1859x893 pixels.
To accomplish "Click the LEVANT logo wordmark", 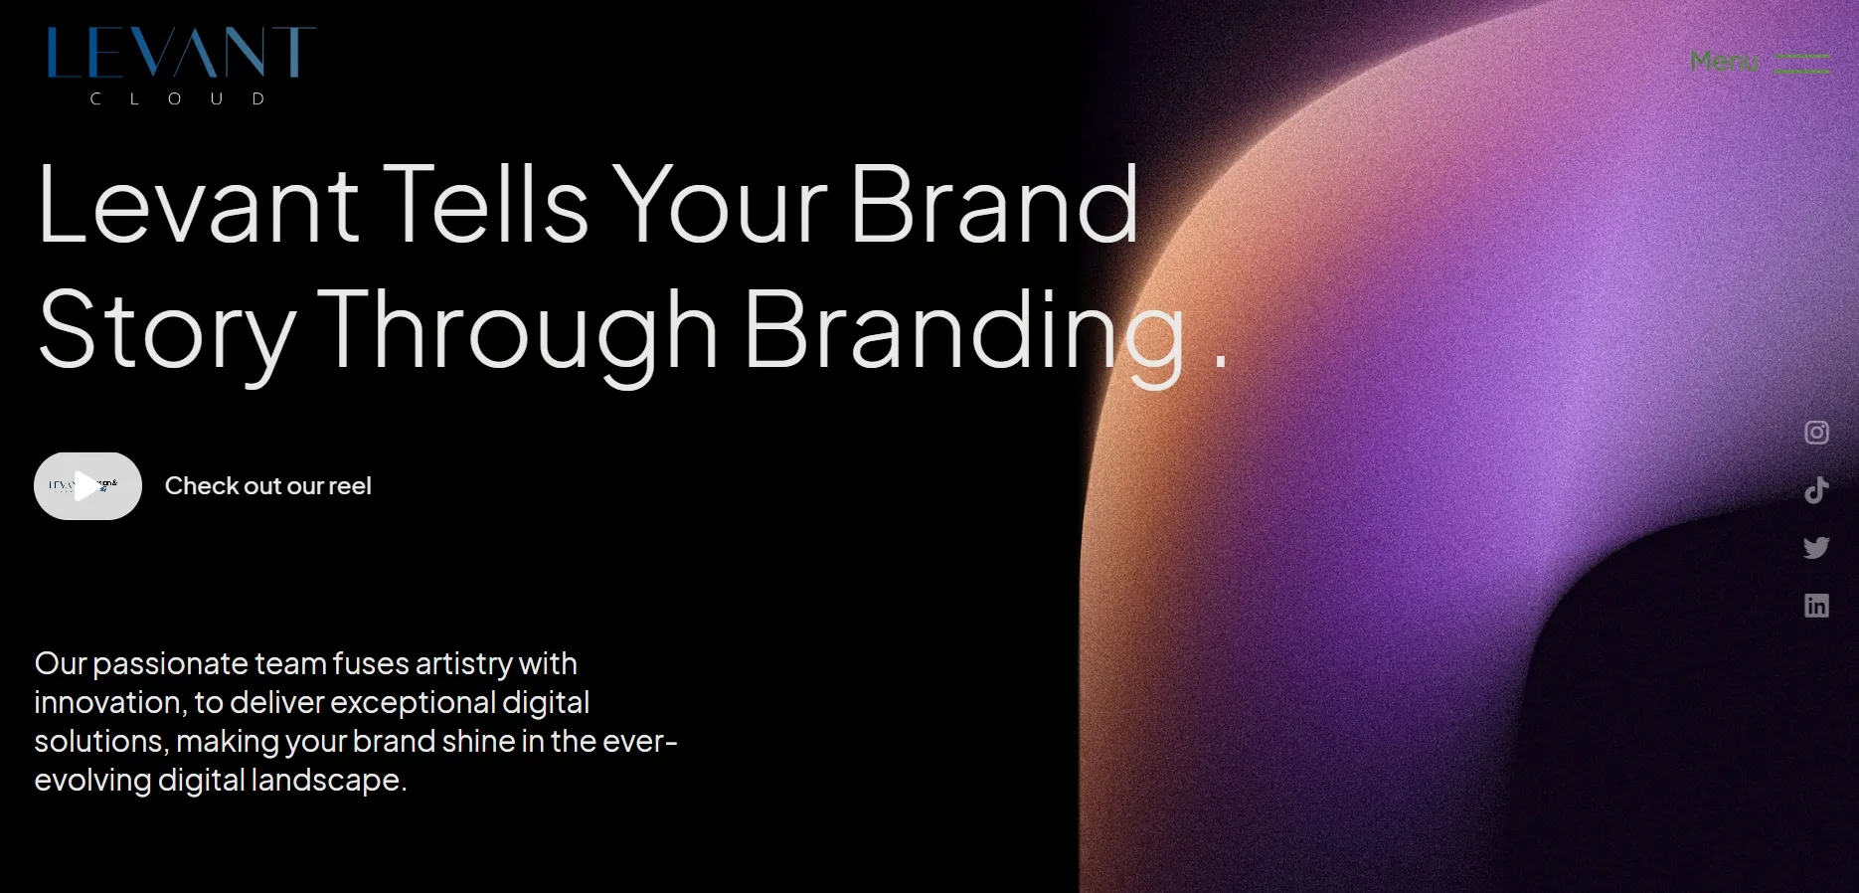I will (x=181, y=53).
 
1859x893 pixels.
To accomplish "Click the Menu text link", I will (x=1724, y=62).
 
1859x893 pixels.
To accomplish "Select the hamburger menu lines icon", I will (x=1802, y=64).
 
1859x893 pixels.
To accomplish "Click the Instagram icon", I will (x=1816, y=433).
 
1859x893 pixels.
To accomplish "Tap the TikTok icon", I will (x=1816, y=490).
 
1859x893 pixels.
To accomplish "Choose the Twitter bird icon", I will (x=1816, y=548).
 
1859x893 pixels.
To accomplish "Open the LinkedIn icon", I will (x=1816, y=606).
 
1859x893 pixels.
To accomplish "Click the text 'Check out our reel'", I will (x=267, y=486).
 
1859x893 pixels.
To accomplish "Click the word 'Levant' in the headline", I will (x=198, y=206).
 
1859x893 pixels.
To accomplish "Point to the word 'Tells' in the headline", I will (x=486, y=206).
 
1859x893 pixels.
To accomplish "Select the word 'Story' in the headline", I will (x=167, y=331).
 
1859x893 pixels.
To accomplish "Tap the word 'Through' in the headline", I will (x=518, y=331).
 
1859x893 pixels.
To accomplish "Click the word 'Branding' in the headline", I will (x=964, y=331).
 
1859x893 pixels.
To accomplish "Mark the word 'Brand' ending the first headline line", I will (x=994, y=206).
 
